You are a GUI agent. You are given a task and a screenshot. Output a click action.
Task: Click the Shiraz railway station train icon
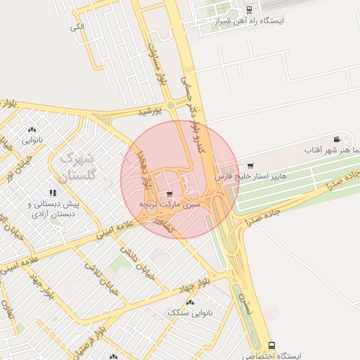click(x=250, y=10)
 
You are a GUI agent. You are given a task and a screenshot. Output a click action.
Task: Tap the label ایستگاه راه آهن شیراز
click(x=251, y=21)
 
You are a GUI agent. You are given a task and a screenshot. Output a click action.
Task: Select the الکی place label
click(x=77, y=27)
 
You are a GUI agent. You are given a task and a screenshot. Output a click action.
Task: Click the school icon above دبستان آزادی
click(x=51, y=193)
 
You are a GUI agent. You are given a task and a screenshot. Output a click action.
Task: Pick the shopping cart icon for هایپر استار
click(x=250, y=166)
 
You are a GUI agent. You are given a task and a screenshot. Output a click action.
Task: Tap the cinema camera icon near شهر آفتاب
click(x=337, y=139)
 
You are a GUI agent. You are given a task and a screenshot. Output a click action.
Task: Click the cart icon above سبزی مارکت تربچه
click(x=169, y=193)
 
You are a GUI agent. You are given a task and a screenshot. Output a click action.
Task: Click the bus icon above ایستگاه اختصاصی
click(x=272, y=345)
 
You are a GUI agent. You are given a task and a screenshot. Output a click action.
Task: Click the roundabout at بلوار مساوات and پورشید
click(x=171, y=105)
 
